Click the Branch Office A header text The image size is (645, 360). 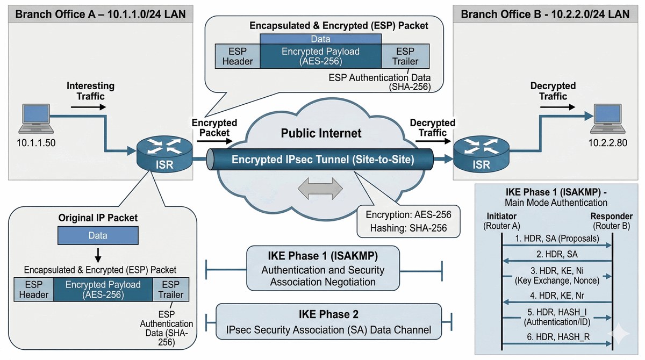pyautogui.click(x=101, y=13)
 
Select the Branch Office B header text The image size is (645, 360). pyautogui.click(x=546, y=13)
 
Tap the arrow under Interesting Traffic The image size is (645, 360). pyautogui.click(x=88, y=106)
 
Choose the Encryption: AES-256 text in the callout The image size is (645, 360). pyautogui.click(x=408, y=214)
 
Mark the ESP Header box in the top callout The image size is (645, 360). pyautogui.click(x=238, y=56)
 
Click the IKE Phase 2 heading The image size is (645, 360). pyautogui.click(x=328, y=314)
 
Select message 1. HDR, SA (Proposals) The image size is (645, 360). pyautogui.click(x=557, y=237)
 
